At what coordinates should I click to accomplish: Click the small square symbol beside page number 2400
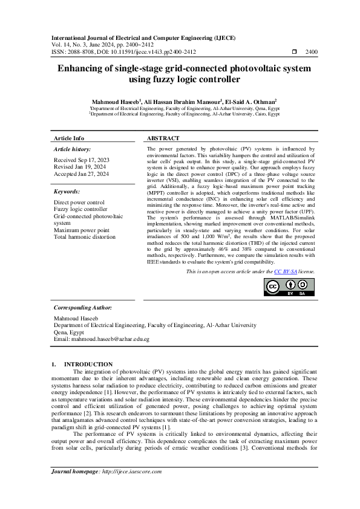click(294, 53)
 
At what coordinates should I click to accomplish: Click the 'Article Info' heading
click(70, 138)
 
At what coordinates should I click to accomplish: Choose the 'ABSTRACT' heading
click(163, 138)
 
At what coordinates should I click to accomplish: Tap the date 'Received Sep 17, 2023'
click(82, 160)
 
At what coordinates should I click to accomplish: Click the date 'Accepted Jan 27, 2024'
click(81, 174)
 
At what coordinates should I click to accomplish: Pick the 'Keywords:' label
click(67, 191)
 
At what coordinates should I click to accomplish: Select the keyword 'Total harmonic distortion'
click(84, 237)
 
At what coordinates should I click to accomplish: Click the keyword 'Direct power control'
click(79, 203)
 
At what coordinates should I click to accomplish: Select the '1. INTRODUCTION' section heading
click(82, 364)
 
